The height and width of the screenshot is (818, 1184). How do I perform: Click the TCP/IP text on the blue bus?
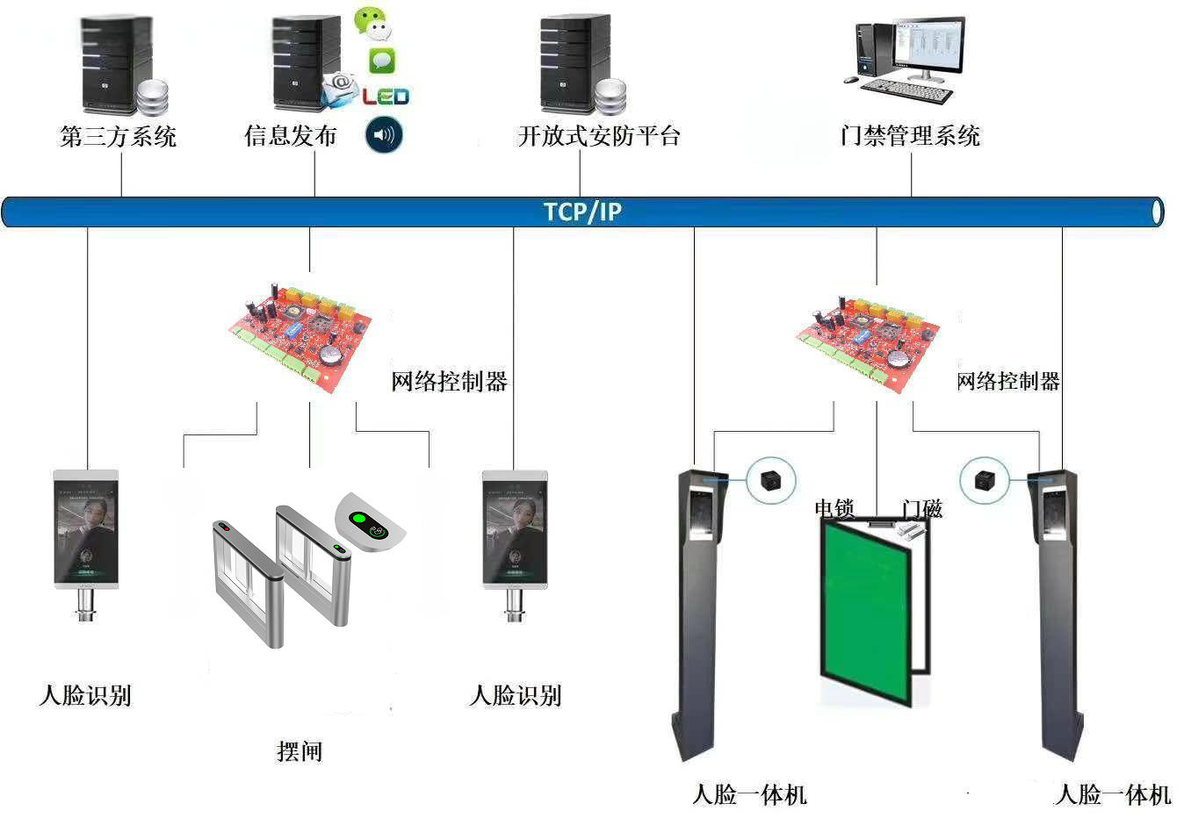point(582,212)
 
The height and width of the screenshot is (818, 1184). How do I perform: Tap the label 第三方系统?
point(119,136)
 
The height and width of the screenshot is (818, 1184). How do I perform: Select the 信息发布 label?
point(291,136)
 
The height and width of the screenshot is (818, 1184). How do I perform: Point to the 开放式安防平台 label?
point(599,136)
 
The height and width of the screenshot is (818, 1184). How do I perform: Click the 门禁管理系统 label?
point(910,136)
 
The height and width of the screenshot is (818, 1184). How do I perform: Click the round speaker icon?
point(384,135)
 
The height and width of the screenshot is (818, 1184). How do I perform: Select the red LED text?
point(386,96)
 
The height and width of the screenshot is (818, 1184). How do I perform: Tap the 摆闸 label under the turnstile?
point(300,751)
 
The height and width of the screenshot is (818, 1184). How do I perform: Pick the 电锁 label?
point(834,508)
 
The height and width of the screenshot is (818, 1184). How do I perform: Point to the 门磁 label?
point(921,508)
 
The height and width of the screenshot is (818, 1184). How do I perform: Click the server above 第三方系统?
point(116,63)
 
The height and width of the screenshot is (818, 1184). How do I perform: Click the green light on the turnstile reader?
point(358,519)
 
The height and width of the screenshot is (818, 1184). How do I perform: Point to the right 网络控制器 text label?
point(1007,382)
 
